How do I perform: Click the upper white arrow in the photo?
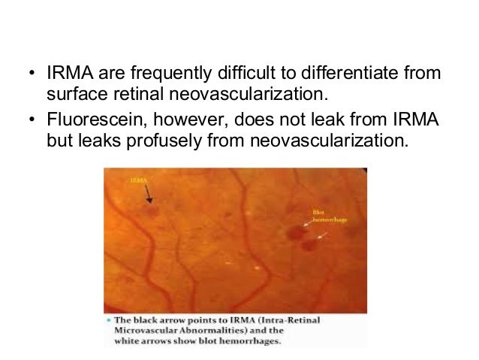click(x=309, y=223)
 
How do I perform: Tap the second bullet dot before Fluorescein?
click(x=30, y=122)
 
